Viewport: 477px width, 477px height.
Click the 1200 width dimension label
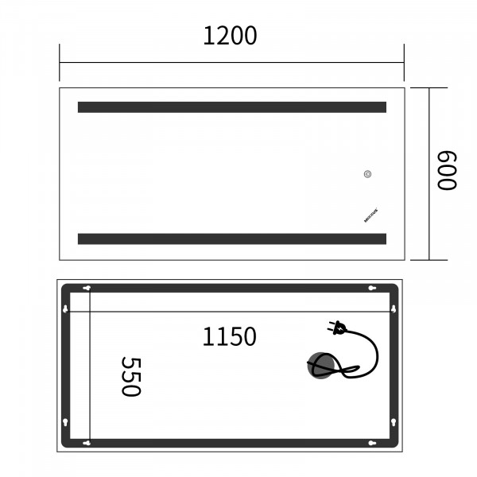click(231, 36)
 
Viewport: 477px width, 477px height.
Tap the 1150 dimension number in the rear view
click(229, 337)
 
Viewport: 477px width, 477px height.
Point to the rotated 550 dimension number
click(130, 376)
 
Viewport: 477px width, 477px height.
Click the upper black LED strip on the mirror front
click(231, 107)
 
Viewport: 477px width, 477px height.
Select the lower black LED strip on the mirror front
click(231, 238)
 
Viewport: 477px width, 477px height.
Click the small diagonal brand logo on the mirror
click(370, 215)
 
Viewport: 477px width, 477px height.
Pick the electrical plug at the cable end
click(336, 326)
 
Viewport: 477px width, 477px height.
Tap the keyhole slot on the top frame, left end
click(87, 288)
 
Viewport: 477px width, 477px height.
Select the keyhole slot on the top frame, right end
click(370, 288)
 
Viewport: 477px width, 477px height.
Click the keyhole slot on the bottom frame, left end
click(87, 442)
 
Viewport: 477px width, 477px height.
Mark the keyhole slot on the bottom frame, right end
click(370, 442)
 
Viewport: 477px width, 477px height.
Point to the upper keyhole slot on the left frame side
click(65, 308)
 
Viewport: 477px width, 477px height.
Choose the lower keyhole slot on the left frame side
click(65, 421)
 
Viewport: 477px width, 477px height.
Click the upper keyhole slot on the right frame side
click(394, 308)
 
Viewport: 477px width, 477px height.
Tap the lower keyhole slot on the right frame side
click(394, 421)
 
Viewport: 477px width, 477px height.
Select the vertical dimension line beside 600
click(430, 173)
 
